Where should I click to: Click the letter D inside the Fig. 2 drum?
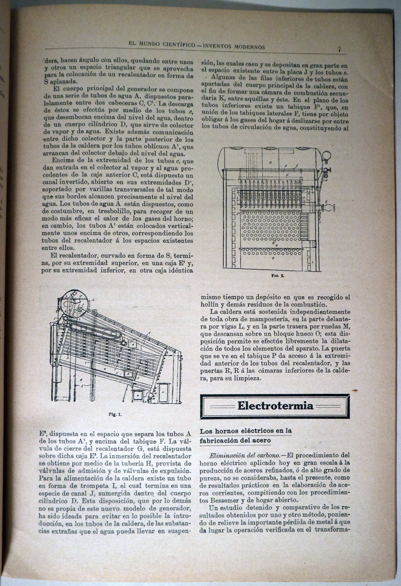pyautogui.click(x=270, y=163)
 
